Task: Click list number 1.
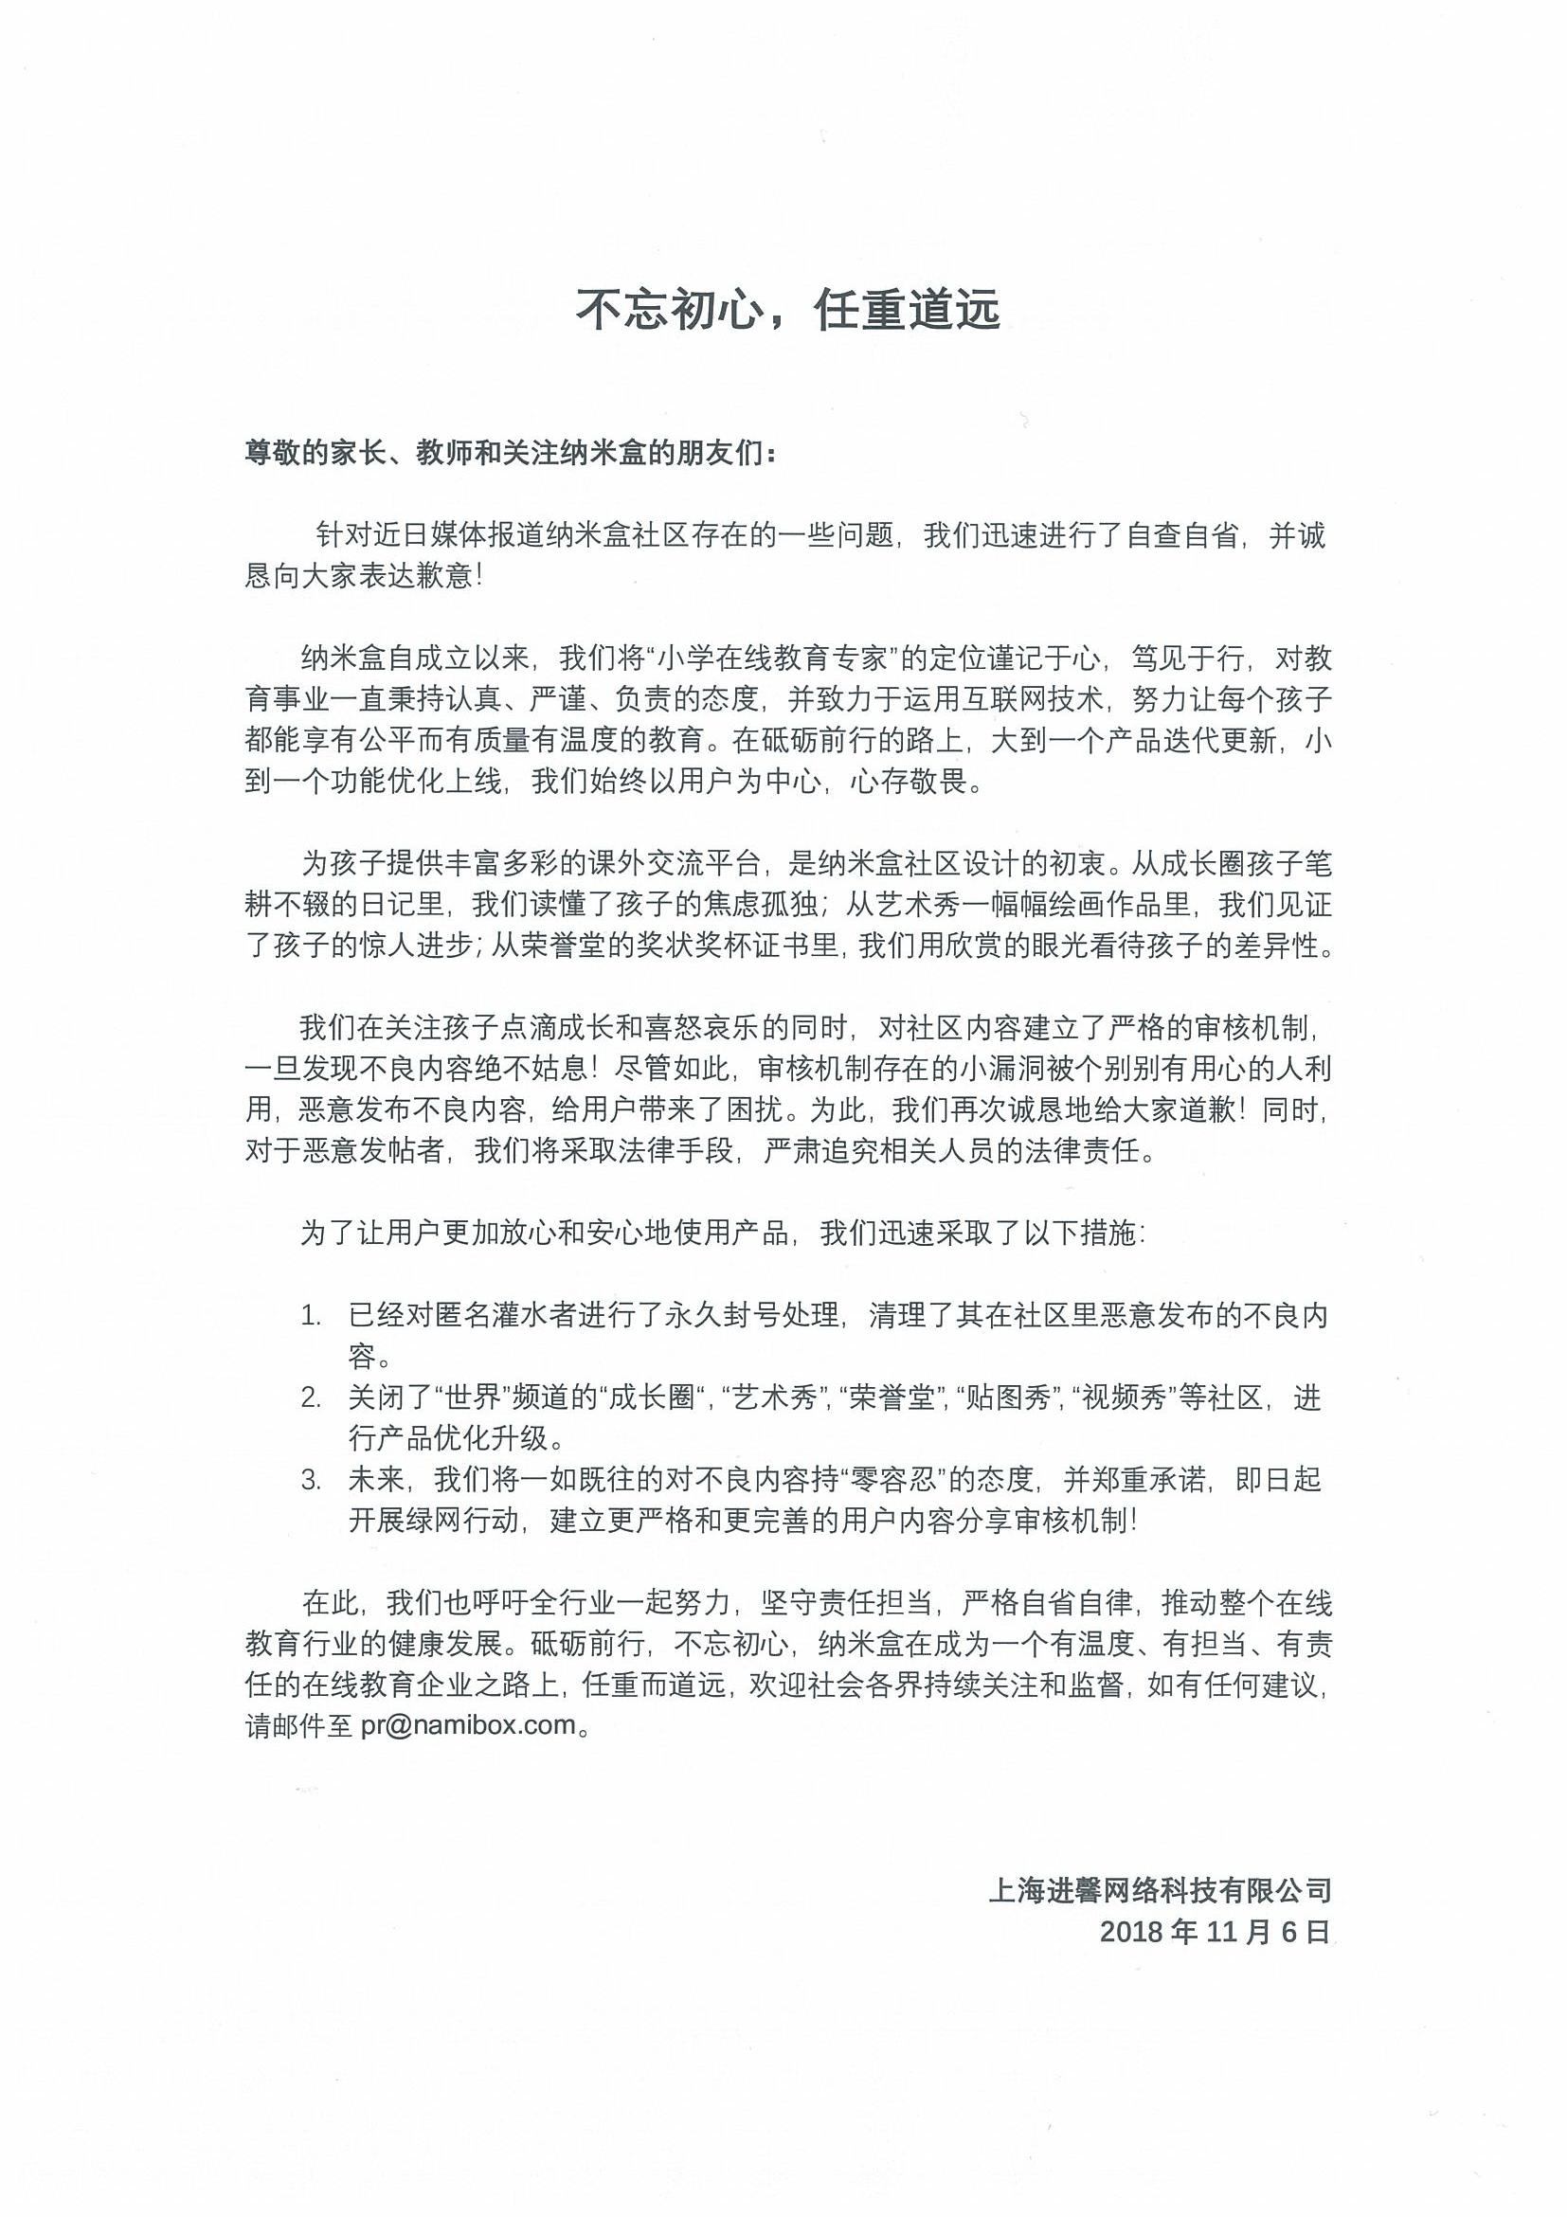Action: tap(310, 1315)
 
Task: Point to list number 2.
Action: tap(310, 1397)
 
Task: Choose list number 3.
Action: tap(310, 1480)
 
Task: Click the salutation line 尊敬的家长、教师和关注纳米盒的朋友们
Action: tap(510, 453)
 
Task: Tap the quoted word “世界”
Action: tap(471, 1397)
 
